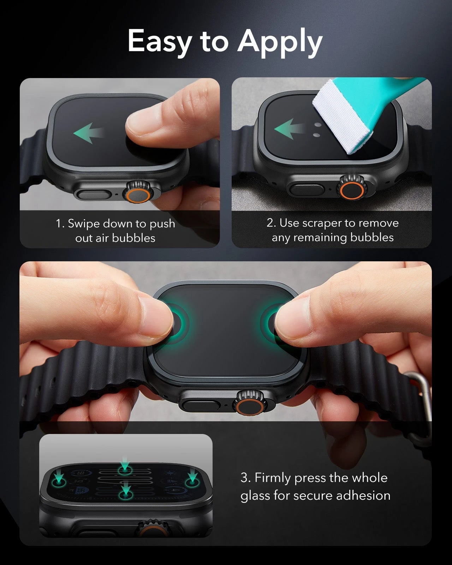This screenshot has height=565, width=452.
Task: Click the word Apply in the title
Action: pyautogui.click(x=280, y=42)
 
